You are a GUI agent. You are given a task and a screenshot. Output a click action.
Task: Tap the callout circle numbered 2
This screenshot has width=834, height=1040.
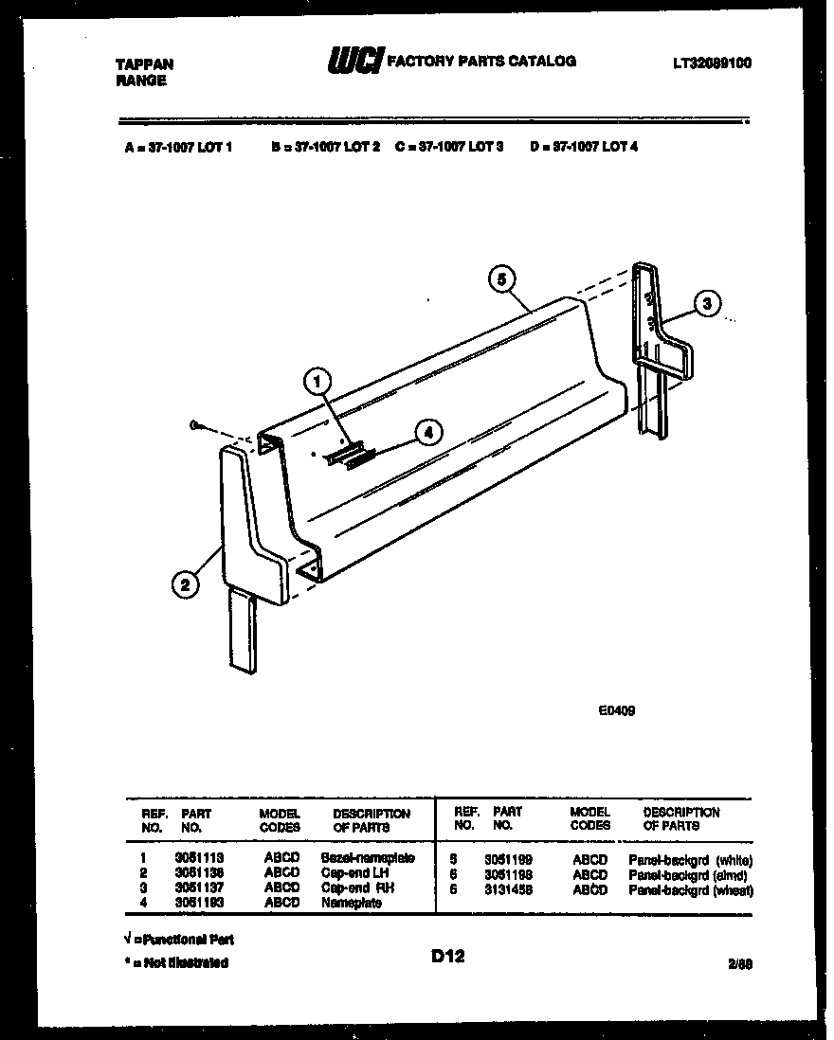click(185, 584)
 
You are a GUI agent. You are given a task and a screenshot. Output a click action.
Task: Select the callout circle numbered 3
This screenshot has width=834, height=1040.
click(705, 304)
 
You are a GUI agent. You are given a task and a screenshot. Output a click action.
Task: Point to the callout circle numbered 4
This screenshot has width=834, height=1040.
click(428, 432)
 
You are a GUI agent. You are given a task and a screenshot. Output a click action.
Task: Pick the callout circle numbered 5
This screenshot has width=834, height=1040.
click(502, 278)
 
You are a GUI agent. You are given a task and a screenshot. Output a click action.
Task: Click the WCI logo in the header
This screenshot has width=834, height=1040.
click(354, 62)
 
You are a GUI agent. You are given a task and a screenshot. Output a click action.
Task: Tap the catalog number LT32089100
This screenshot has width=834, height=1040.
click(712, 63)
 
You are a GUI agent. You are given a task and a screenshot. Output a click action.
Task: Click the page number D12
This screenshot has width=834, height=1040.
click(447, 957)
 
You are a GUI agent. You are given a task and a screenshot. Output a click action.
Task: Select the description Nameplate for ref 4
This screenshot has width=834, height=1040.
click(352, 904)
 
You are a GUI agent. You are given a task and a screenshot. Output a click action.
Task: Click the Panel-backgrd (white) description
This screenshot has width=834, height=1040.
click(690, 860)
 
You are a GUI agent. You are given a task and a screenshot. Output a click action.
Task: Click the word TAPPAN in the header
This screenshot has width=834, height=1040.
click(144, 64)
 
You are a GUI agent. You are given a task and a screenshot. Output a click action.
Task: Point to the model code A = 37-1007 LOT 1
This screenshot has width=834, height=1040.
click(178, 147)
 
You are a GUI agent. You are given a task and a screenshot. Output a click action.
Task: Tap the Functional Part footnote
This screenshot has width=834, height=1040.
click(178, 939)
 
